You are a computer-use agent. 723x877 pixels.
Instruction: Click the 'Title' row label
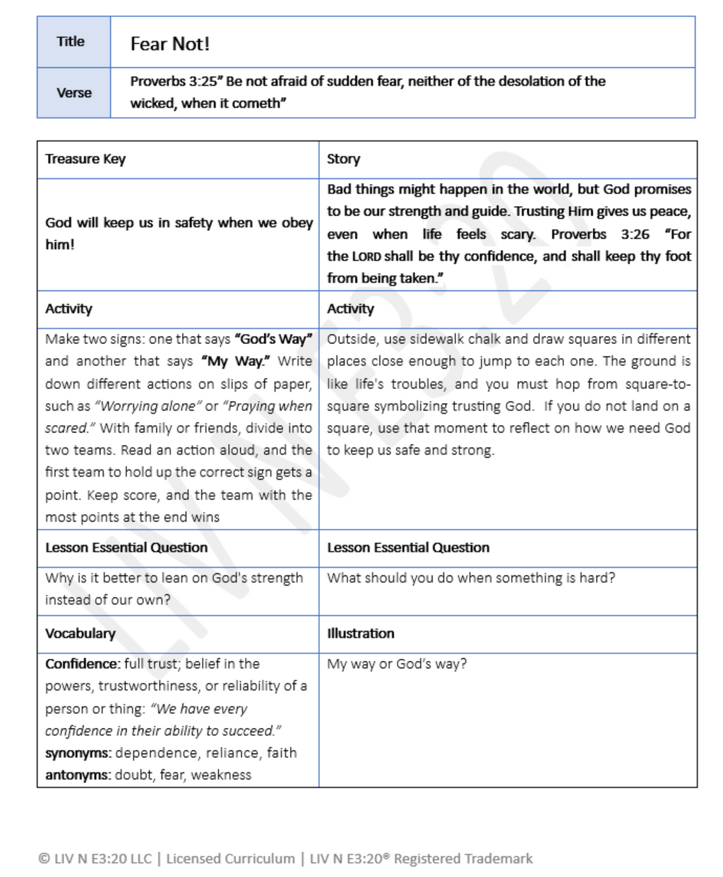click(71, 42)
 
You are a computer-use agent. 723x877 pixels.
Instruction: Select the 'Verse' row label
click(74, 93)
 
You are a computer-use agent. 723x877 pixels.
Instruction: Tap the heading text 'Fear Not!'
click(169, 44)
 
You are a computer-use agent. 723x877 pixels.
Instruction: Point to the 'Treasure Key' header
click(85, 159)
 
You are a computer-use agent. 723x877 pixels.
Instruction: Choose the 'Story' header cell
click(343, 159)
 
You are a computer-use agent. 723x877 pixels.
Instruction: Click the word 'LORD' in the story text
click(366, 256)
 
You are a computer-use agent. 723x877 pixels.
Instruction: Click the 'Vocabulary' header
click(80, 633)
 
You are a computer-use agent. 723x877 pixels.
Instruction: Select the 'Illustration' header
click(360, 633)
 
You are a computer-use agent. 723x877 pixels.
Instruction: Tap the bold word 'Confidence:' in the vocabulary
click(83, 664)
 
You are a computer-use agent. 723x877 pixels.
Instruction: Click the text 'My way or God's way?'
click(396, 664)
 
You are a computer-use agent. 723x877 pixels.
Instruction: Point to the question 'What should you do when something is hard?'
click(470, 578)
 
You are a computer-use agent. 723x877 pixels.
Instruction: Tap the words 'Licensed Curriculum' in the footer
click(230, 859)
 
